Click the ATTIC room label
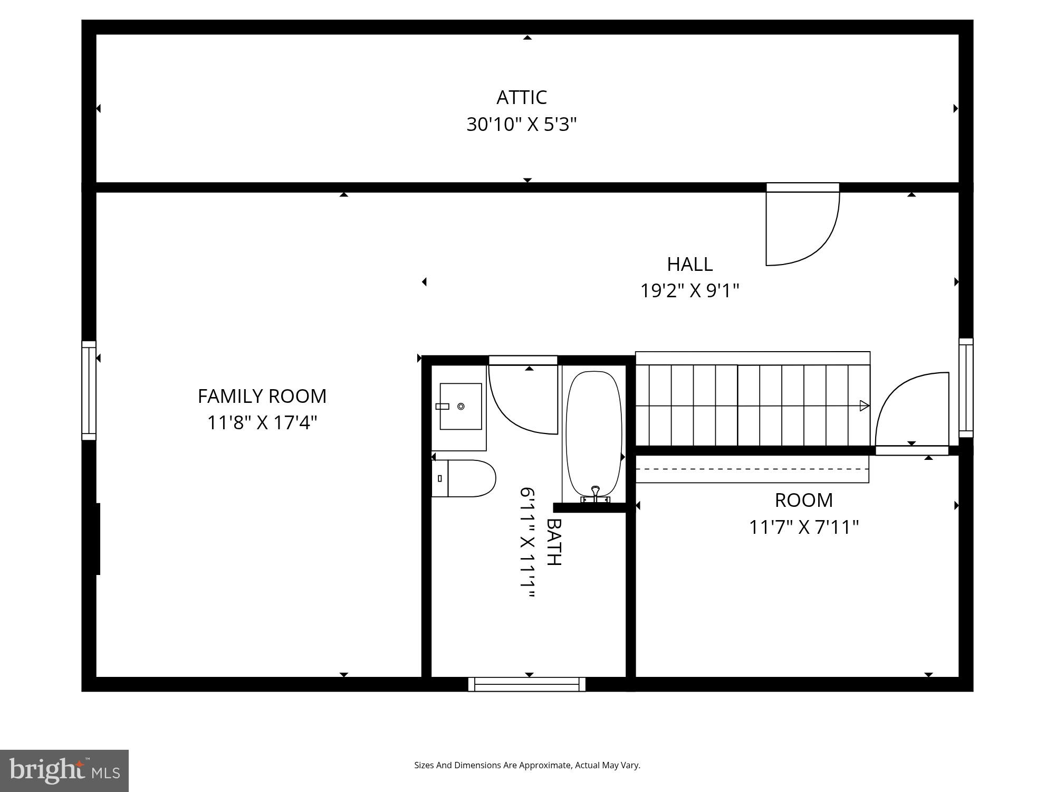(x=521, y=98)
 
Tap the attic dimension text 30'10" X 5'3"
(x=521, y=125)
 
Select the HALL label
(x=689, y=264)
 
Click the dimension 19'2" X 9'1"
(x=689, y=291)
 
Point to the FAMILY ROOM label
(x=262, y=396)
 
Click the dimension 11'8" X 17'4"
(x=262, y=423)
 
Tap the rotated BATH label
(x=553, y=542)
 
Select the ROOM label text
(x=803, y=500)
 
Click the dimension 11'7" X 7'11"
(x=803, y=527)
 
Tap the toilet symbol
(x=464, y=478)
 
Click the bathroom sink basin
(x=461, y=406)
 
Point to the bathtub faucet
(x=596, y=494)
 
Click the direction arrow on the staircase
(x=864, y=406)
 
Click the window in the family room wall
(x=89, y=391)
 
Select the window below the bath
(x=526, y=684)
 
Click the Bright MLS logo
(x=64, y=770)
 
